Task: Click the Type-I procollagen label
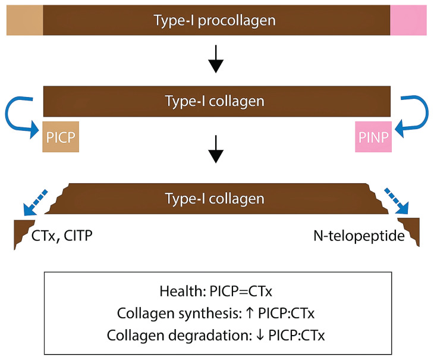point(216,20)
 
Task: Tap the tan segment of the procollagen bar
point(24,20)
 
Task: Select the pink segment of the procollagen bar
point(408,20)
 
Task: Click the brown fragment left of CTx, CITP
point(22,233)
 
